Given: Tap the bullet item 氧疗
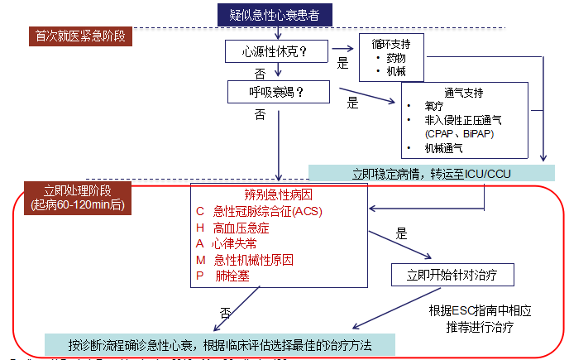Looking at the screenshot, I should tap(434, 106).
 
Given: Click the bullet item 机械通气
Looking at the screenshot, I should tap(444, 148).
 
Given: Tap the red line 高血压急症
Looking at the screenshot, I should tap(241, 228).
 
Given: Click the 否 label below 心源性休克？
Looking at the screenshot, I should tap(261, 74).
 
